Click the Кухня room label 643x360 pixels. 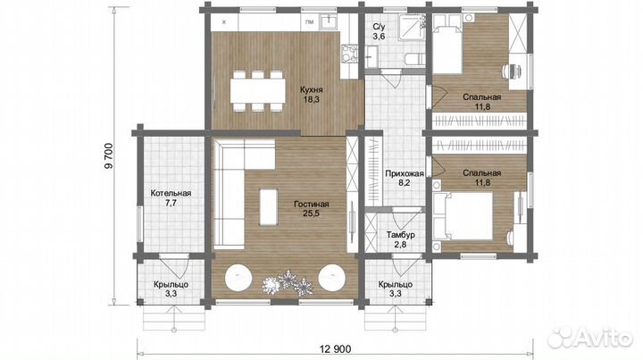tap(312, 89)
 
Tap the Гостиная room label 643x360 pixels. tap(312, 205)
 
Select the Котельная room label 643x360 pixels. tap(171, 193)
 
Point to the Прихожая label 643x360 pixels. tap(405, 173)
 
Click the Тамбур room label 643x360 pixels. tap(401, 235)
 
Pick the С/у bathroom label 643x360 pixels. tap(379, 28)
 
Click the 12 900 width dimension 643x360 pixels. tap(336, 349)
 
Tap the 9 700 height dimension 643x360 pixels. tap(108, 155)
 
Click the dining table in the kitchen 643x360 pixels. tap(257, 90)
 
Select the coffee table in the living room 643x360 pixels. tap(269, 206)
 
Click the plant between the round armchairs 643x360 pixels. tap(288, 282)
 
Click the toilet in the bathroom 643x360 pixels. tap(414, 59)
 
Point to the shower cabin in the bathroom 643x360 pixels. tap(412, 27)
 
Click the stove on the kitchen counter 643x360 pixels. tap(349, 54)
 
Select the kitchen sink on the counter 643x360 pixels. tap(329, 21)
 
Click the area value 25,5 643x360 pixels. tap(312, 213)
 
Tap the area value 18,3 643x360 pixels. tap(312, 99)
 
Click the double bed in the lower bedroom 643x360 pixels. tap(463, 216)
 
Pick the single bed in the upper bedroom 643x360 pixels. tap(447, 45)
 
